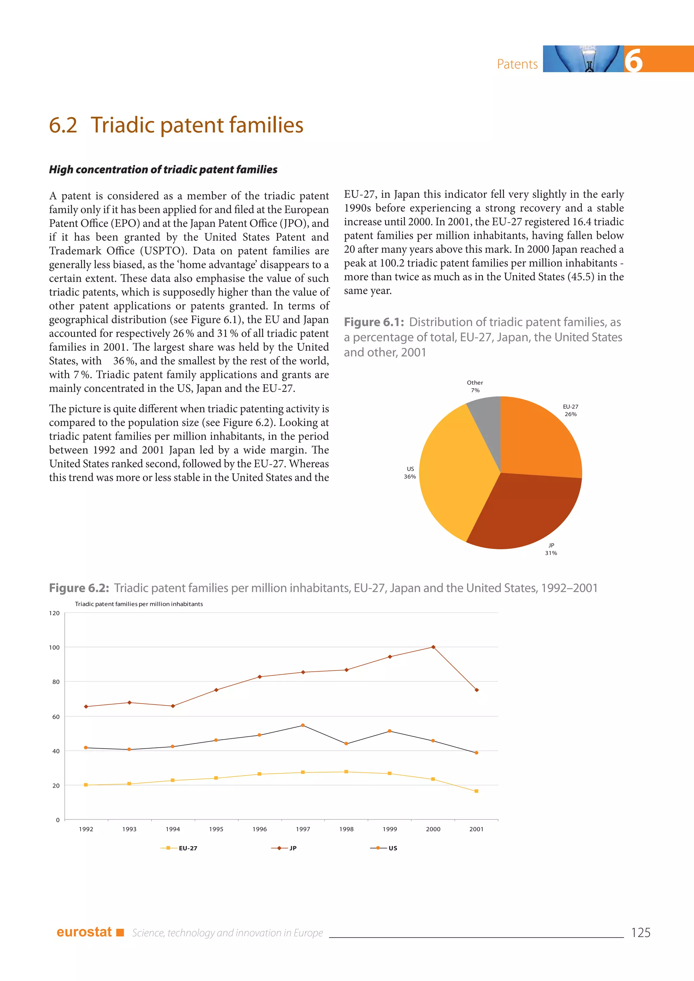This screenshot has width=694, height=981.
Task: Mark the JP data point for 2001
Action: pos(476,690)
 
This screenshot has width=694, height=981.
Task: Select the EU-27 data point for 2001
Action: pos(476,791)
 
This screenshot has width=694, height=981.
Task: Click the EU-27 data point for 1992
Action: pos(86,785)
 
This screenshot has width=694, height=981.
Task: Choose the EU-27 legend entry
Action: pos(180,848)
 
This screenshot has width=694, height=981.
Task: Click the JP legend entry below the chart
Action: pos(284,848)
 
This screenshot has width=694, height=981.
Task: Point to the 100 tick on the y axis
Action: pos(54,647)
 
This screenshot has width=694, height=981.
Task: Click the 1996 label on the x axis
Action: pos(259,829)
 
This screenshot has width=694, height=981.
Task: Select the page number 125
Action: pos(640,932)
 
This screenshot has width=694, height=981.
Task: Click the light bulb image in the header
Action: pos(583,59)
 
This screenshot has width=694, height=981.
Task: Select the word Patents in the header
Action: pos(517,64)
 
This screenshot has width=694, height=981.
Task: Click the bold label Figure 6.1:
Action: pos(374,322)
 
